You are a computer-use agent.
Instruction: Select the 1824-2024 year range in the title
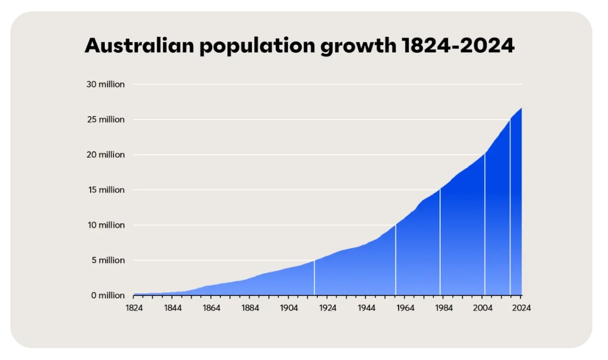458,46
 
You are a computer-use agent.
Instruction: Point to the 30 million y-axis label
105,84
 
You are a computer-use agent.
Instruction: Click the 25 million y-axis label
105,119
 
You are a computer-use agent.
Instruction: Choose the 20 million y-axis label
105,154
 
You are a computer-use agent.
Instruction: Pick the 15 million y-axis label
105,190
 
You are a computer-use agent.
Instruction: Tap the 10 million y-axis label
105,225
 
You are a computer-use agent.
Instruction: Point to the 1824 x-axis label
134,308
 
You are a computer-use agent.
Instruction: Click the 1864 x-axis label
211,308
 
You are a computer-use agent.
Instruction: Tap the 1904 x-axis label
289,308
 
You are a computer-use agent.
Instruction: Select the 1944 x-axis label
366,308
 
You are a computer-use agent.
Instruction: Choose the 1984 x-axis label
444,308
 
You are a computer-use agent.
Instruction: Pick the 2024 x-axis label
521,308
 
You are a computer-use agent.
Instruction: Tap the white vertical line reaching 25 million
510,207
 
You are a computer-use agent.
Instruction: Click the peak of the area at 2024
521,108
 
